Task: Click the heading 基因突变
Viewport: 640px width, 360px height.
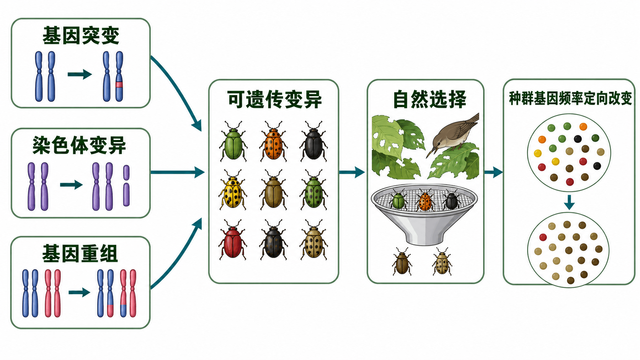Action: [x=81, y=36]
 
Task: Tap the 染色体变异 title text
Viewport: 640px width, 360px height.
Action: [x=79, y=145]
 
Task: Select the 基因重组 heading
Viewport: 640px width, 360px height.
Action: [x=80, y=254]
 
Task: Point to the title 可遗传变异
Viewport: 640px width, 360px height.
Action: [x=274, y=99]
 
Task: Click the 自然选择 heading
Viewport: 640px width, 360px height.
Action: [x=430, y=99]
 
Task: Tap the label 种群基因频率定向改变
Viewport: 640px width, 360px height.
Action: [x=570, y=98]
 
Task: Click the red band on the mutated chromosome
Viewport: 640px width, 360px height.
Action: [x=119, y=85]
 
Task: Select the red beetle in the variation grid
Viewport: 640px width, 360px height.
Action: [x=233, y=240]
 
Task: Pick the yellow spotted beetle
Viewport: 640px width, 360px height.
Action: [x=233, y=191]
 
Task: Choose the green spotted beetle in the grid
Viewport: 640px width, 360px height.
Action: [x=314, y=191]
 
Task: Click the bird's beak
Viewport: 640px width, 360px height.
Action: [x=431, y=151]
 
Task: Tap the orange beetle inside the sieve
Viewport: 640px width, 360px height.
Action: [x=425, y=200]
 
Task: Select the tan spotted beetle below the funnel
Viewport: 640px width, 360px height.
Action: [x=442, y=262]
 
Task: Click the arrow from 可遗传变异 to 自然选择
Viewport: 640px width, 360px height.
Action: [x=352, y=172]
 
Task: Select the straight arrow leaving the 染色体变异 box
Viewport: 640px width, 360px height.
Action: [x=178, y=172]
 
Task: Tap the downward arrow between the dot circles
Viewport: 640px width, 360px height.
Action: [x=570, y=202]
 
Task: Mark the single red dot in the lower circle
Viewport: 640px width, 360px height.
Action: [x=543, y=237]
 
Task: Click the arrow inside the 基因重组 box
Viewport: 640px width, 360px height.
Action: [x=80, y=292]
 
